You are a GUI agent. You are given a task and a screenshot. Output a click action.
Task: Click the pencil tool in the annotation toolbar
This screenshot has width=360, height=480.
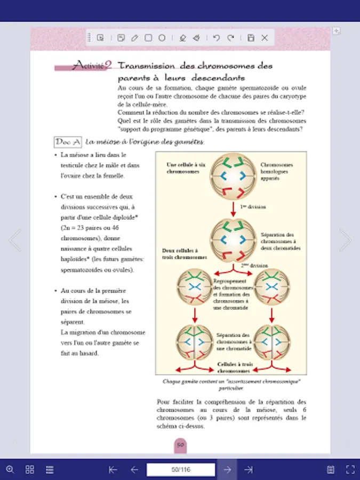(134, 38)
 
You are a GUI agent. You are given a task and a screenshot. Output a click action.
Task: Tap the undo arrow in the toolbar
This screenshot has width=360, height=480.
(216, 38)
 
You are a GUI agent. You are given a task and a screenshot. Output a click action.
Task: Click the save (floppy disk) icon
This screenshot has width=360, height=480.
(251, 38)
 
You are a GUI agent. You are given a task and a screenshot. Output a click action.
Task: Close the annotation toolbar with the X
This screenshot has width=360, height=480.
(265, 38)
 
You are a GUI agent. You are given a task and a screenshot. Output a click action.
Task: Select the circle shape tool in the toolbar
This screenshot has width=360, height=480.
(162, 38)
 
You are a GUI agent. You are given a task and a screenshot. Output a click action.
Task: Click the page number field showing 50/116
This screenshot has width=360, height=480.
(181, 469)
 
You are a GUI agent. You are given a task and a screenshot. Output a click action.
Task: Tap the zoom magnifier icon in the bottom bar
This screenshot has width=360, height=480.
(10, 469)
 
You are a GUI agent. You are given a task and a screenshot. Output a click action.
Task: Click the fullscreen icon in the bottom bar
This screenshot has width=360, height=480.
(350, 469)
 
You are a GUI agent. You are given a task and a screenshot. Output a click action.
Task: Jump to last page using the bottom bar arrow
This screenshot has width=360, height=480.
(249, 469)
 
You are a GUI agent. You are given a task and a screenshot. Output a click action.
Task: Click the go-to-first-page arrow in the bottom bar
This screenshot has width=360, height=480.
(113, 469)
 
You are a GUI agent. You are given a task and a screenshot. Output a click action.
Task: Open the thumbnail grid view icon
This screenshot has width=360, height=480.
(30, 469)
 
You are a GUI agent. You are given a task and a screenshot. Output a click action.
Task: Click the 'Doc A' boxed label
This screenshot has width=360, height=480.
(68, 142)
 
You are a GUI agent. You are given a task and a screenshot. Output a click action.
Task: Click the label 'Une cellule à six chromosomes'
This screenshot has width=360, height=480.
(182, 169)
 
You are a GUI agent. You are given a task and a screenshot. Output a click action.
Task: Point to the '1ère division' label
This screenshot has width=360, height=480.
(253, 206)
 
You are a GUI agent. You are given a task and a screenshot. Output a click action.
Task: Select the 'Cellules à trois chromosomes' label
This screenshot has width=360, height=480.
(234, 367)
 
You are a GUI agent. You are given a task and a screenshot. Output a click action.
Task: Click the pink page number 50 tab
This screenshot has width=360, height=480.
(180, 444)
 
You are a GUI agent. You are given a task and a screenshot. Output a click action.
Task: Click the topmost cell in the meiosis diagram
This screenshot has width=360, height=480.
(233, 177)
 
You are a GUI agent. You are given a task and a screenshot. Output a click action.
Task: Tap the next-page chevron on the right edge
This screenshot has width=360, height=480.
(345, 240)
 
